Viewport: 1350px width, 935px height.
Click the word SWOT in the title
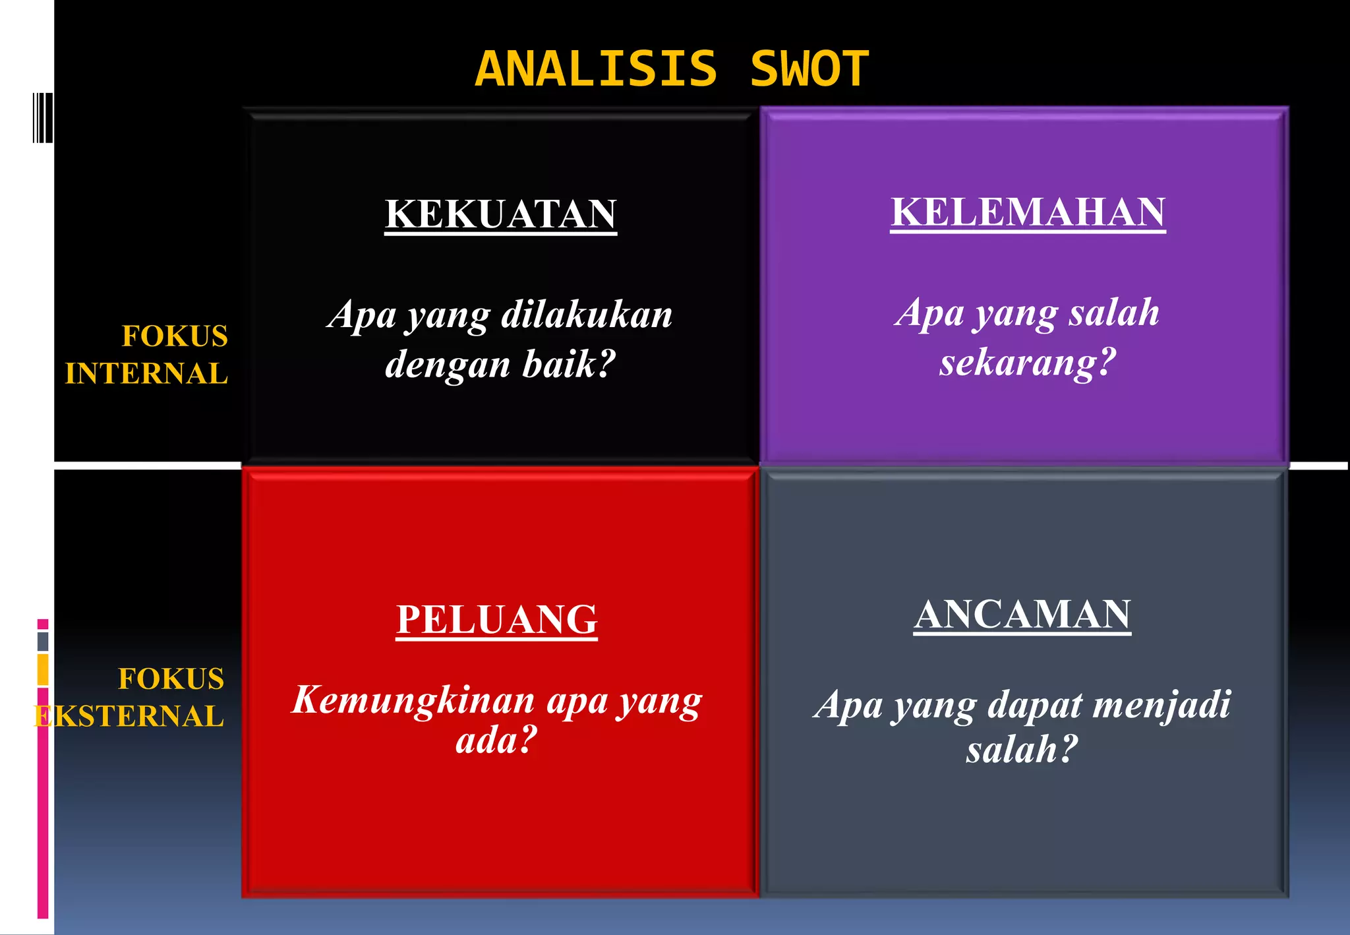[809, 69]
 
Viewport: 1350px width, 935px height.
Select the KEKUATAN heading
[500, 214]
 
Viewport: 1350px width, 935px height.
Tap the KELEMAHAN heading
[1028, 212]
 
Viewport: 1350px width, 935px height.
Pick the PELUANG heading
[496, 620]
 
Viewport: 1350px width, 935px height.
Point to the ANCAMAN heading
[1022, 615]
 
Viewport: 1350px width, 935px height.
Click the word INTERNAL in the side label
[146, 374]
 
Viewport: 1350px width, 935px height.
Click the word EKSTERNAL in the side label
[129, 717]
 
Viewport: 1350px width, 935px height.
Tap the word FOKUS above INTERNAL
[175, 336]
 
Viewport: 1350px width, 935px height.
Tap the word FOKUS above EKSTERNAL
[171, 679]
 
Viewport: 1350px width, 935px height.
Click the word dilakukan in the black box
[587, 315]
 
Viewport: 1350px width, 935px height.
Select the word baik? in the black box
[568, 365]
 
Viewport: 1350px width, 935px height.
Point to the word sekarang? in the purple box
[1028, 363]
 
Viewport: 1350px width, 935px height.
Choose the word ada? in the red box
[496, 740]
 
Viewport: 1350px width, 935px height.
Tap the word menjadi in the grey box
[1161, 705]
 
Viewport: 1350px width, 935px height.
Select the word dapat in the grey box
[1035, 705]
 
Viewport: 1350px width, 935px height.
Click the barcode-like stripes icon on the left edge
[43, 118]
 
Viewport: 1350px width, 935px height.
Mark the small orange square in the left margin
[43, 669]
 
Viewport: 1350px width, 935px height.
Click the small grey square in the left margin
[43, 641]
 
